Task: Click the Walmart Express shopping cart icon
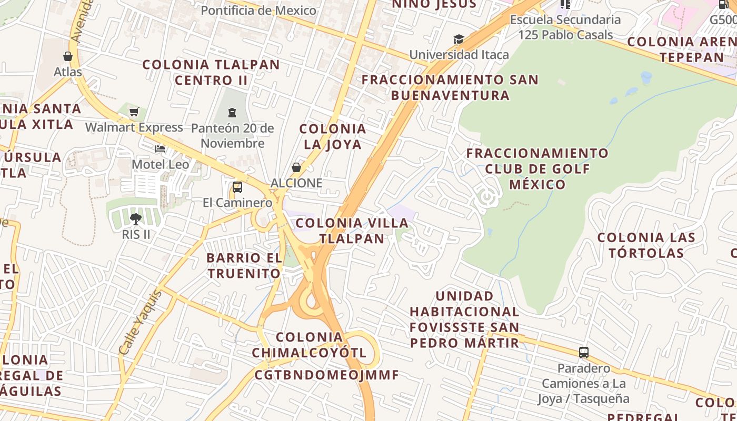134,112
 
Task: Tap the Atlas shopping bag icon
68,56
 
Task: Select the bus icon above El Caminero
237,187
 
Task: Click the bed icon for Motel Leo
160,149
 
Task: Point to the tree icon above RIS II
136,218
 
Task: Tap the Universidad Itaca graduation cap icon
459,39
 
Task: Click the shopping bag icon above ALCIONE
296,168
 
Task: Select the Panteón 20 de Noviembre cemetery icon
232,113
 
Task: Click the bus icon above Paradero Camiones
583,353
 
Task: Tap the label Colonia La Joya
332,136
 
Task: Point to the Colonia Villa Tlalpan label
352,230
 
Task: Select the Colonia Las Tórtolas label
646,245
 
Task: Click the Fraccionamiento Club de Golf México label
537,169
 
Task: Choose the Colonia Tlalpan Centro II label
211,73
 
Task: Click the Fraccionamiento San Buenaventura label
450,87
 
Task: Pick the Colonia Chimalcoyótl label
309,345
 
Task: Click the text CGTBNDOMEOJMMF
326,375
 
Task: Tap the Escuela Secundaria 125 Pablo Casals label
565,27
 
